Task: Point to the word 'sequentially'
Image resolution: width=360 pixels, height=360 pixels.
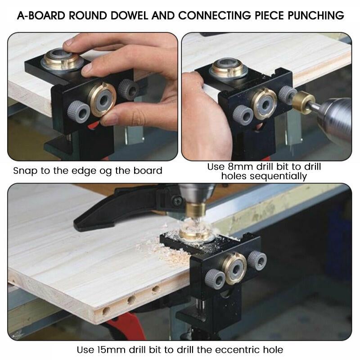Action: pos(264,176)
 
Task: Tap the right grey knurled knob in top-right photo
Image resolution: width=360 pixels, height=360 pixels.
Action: pos(287,94)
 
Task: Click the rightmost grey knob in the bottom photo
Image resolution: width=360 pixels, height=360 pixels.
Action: pos(257,261)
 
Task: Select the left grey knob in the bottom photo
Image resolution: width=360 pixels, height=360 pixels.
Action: pos(215,279)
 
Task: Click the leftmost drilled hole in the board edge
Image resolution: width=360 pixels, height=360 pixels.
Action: pos(107,310)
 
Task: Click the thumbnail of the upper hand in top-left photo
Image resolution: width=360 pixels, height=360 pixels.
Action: pos(70,43)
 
